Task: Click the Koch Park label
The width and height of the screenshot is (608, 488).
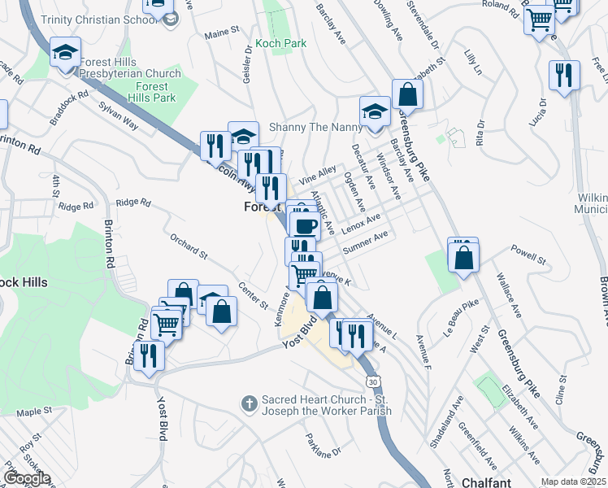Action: tap(280, 43)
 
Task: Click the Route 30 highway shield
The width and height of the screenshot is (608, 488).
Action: tap(372, 381)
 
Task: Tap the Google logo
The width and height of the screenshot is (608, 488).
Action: tap(26, 478)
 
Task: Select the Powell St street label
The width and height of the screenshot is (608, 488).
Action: tap(528, 258)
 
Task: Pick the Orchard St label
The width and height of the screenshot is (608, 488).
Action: tap(189, 246)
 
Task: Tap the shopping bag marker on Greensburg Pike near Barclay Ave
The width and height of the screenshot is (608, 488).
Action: tap(407, 95)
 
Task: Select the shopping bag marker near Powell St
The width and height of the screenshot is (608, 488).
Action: tap(463, 258)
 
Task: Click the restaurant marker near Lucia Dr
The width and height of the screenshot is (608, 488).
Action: tap(564, 76)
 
